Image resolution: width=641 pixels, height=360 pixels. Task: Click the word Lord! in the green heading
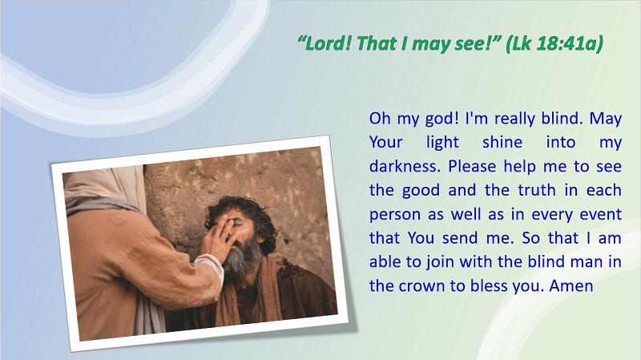pyautogui.click(x=325, y=43)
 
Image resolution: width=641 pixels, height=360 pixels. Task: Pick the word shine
pyautogui.click(x=502, y=142)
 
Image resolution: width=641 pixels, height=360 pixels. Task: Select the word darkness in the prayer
pyautogui.click(x=405, y=166)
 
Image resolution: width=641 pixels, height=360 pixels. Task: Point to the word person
pyautogui.click(x=395, y=215)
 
